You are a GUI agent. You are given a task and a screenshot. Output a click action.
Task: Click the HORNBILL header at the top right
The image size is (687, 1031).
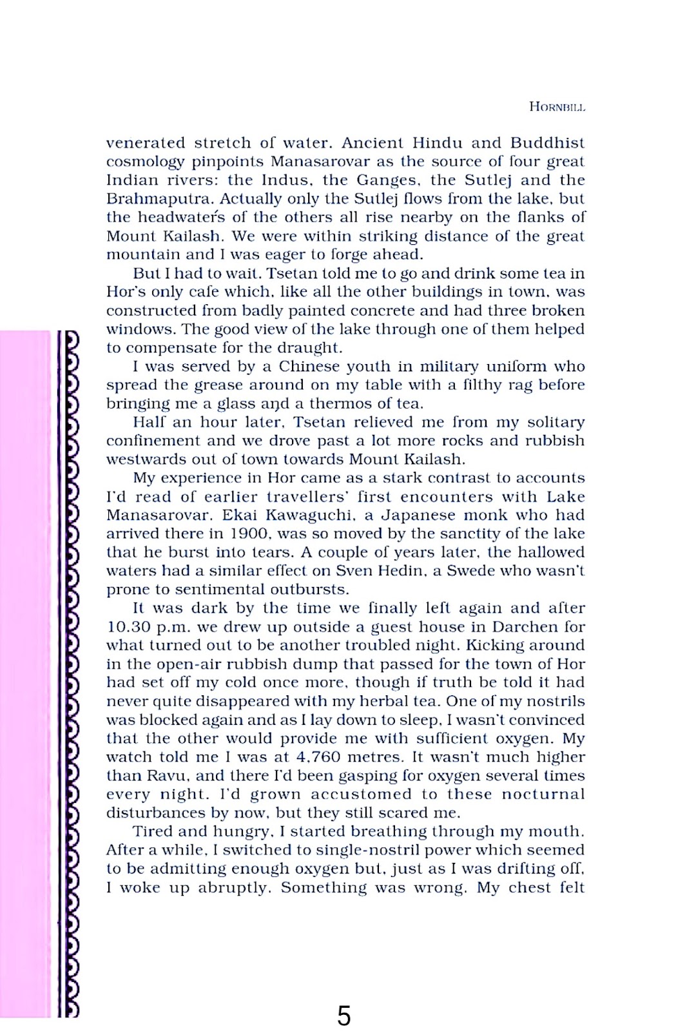tap(557, 107)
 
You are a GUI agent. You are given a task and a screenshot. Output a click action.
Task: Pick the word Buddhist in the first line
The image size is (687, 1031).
tap(547, 143)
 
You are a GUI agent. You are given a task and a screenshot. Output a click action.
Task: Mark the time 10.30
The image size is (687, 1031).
tap(129, 627)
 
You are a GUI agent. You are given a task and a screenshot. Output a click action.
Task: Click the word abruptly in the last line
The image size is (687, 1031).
tap(232, 888)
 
